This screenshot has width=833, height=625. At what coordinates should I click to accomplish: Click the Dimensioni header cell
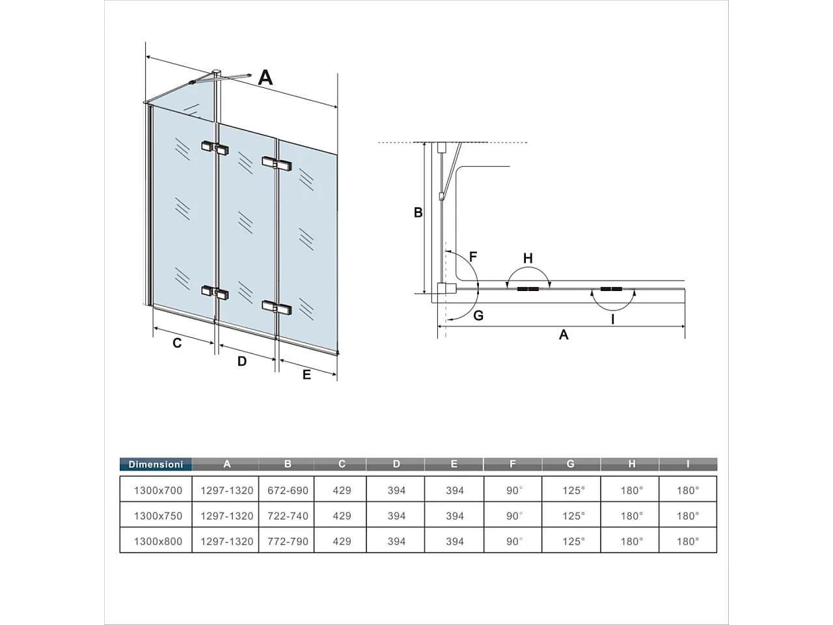click(156, 464)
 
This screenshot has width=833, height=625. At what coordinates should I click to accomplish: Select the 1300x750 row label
click(158, 516)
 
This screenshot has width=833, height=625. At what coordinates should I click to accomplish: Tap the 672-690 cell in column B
click(288, 490)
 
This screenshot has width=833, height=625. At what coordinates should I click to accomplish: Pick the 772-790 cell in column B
click(288, 541)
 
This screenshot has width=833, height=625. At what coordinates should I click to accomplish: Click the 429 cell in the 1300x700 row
click(342, 490)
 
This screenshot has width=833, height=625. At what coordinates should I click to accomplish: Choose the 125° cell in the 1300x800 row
click(573, 541)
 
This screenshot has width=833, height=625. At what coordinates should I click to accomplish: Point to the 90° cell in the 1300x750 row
click(514, 516)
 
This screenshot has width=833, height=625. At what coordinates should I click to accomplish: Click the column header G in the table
click(571, 464)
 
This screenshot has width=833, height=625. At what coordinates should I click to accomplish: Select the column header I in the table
click(688, 464)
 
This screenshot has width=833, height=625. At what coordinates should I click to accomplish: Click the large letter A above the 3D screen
click(265, 77)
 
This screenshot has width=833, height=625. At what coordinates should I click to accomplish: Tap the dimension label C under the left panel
click(177, 343)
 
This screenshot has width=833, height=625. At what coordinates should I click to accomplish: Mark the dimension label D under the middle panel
click(242, 361)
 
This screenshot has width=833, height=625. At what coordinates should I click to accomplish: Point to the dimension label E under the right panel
click(307, 375)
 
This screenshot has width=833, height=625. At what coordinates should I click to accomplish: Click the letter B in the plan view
click(418, 212)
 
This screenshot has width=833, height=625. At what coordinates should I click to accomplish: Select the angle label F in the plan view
click(473, 257)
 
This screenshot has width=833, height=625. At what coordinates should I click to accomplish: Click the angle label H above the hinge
click(528, 258)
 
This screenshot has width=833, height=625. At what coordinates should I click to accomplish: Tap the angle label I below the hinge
click(612, 319)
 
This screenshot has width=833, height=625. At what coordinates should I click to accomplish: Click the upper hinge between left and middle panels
click(215, 148)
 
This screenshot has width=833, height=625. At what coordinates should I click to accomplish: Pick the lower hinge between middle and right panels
click(277, 307)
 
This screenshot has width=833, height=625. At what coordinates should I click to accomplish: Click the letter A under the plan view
click(564, 335)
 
